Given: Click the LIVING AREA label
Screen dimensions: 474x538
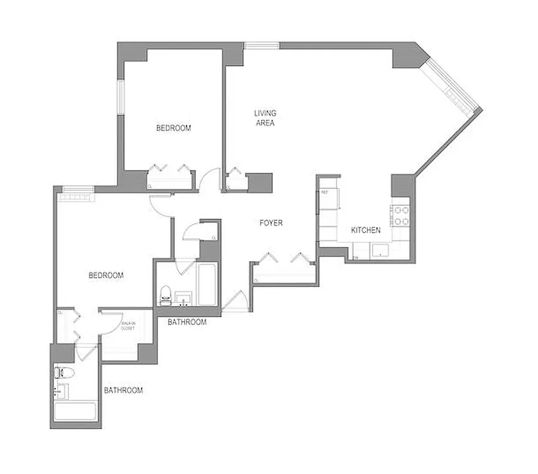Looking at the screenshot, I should click(x=265, y=118).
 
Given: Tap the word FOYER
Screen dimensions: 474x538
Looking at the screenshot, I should click(x=271, y=223).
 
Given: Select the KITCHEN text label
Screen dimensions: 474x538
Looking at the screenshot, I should click(x=366, y=230).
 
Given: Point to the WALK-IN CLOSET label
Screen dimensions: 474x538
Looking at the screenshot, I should click(x=128, y=326).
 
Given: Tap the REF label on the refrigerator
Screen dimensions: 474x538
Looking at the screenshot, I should click(x=325, y=193).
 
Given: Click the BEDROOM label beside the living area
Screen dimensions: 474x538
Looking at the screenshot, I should click(x=173, y=128).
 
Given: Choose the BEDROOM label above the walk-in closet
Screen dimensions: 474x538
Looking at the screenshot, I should click(x=106, y=276).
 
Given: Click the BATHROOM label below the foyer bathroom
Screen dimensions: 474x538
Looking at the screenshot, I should click(x=187, y=322).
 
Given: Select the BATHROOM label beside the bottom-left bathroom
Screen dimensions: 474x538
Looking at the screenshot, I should click(x=124, y=390).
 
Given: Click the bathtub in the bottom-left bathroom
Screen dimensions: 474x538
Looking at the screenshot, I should click(x=75, y=411).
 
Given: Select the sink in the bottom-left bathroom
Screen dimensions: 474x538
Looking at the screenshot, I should click(x=62, y=391).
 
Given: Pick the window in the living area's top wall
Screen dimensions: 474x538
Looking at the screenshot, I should click(x=262, y=45).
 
